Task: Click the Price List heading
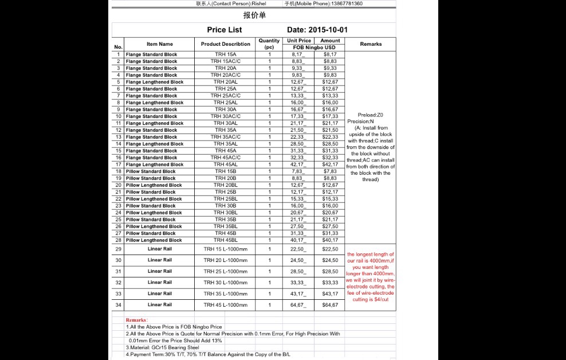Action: [x=225, y=30]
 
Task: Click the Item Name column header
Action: [x=159, y=44]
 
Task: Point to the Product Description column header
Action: [x=226, y=44]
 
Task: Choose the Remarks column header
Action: [x=371, y=44]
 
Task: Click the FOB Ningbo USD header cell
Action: [x=314, y=48]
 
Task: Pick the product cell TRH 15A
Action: [x=226, y=54]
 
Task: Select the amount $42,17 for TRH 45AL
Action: [x=330, y=165]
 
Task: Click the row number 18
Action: [x=119, y=171]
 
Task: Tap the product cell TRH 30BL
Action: [x=226, y=213]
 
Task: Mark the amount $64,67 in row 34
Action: [x=330, y=305]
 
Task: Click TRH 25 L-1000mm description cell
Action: [x=226, y=271]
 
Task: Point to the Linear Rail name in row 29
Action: [x=159, y=249]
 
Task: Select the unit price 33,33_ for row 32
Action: [x=298, y=283]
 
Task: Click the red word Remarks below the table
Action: [x=136, y=320]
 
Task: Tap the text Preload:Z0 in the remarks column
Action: [x=370, y=115]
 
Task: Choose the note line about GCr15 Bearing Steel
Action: [x=163, y=347]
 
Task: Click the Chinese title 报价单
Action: [x=254, y=15]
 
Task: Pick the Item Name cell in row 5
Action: [x=155, y=82]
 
